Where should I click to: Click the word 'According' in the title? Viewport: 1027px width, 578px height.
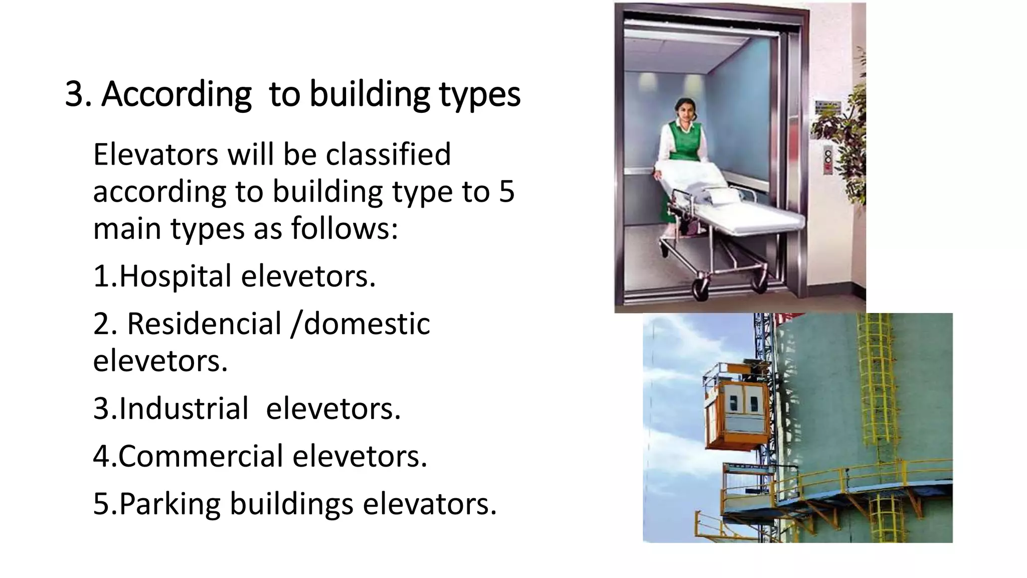click(177, 94)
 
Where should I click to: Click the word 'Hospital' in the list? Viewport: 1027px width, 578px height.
click(176, 276)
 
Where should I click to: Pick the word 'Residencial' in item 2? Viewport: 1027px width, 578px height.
click(204, 324)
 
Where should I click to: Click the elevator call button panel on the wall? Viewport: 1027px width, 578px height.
click(828, 160)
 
